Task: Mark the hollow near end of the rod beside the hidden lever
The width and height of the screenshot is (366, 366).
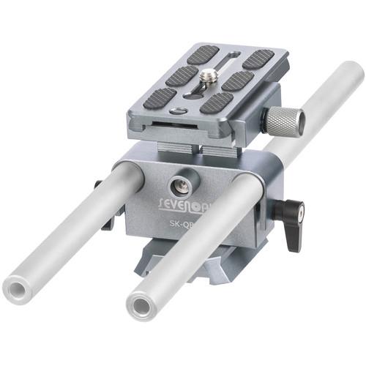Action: pos(19,288)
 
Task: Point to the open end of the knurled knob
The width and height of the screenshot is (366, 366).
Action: pos(299,122)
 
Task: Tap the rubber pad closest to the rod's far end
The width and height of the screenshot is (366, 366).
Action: pos(258,59)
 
